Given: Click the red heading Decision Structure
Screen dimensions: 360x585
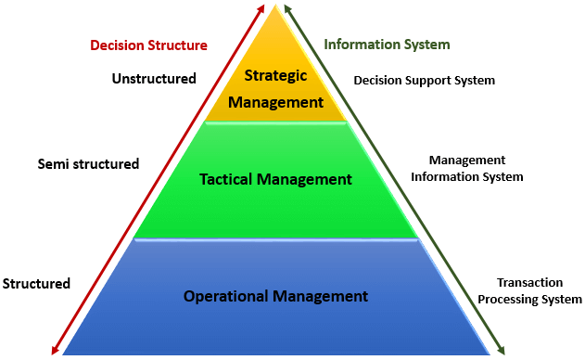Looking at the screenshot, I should (x=148, y=45).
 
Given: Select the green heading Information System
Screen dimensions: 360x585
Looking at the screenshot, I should (x=387, y=44).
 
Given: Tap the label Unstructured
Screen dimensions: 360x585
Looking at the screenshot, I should (x=154, y=79).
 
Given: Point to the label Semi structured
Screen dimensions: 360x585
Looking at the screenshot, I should (x=88, y=164).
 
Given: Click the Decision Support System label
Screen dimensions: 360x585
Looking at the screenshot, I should (x=425, y=81).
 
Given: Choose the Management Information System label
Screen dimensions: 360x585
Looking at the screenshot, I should (x=467, y=168).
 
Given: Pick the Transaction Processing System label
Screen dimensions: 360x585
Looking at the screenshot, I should (x=540, y=290).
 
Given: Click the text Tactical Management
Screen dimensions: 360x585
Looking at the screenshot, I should (x=276, y=178).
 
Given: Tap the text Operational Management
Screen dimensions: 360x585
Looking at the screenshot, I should (x=276, y=297).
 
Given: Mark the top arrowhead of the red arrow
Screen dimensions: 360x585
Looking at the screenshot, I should (x=262, y=9).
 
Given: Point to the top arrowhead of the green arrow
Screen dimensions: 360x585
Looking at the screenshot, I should (x=288, y=9).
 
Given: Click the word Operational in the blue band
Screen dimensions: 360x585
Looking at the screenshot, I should (x=225, y=297).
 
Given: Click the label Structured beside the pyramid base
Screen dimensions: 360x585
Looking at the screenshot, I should (x=37, y=284).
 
